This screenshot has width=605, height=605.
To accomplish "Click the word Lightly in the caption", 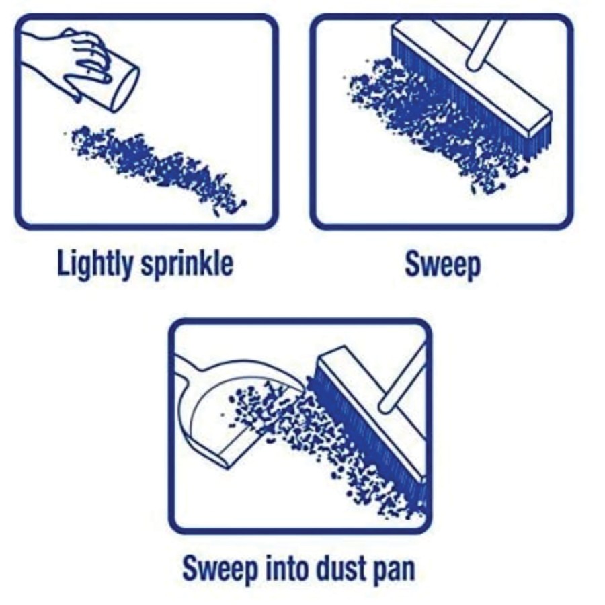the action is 95,264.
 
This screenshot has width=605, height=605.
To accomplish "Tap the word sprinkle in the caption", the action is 187,264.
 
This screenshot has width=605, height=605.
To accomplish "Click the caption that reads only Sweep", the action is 443,265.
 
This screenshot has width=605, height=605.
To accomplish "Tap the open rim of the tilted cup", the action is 126,91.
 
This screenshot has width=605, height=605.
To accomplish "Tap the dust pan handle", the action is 186,368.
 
